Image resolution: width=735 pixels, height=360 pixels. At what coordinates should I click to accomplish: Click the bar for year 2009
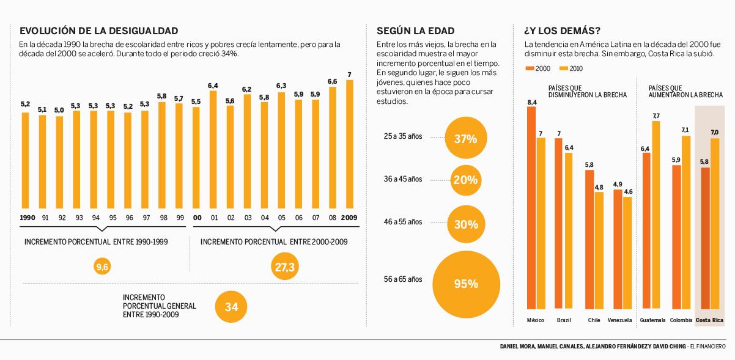pyautogui.click(x=350, y=144)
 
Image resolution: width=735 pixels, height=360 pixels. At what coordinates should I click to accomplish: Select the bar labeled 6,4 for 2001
pyautogui.click(x=213, y=149)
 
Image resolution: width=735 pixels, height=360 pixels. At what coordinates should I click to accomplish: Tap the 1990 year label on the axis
pyautogui.click(x=27, y=218)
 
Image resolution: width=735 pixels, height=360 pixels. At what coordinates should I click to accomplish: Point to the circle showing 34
pyautogui.click(x=231, y=307)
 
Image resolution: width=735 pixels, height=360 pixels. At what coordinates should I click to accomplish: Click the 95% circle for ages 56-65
pyautogui.click(x=465, y=284)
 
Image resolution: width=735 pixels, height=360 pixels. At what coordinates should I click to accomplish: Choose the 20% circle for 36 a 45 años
pyautogui.click(x=465, y=180)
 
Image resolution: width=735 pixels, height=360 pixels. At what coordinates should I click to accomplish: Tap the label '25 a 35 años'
pyautogui.click(x=401, y=137)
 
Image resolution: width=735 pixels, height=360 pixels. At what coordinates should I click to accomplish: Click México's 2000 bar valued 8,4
pyautogui.click(x=531, y=208)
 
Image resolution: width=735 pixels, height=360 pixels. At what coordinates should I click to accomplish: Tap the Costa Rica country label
pyautogui.click(x=710, y=320)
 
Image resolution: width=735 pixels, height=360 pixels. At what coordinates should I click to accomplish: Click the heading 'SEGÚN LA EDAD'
pyautogui.click(x=415, y=31)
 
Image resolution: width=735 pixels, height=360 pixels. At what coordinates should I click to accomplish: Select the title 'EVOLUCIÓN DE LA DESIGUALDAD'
pyautogui.click(x=99, y=31)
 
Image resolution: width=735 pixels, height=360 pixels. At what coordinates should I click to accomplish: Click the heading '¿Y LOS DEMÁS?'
pyautogui.click(x=561, y=31)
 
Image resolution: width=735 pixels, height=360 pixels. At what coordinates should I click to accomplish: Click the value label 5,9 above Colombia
pyautogui.click(x=676, y=160)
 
